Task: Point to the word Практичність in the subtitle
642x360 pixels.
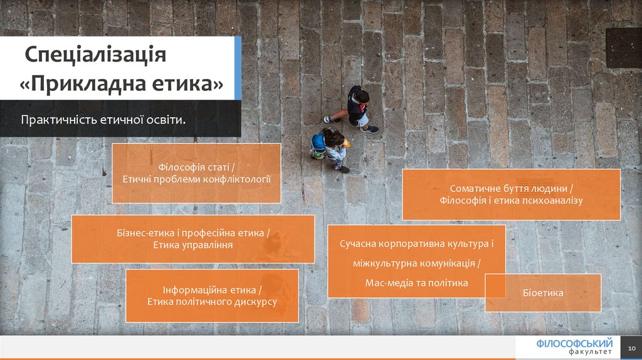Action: point(58,120)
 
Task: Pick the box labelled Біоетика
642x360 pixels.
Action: point(543,293)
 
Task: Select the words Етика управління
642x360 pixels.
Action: point(193,245)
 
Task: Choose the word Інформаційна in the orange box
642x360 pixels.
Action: point(193,290)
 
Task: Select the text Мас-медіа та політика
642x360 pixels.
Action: point(416,283)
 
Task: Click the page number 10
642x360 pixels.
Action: point(631,348)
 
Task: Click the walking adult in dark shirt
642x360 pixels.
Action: point(355,109)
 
